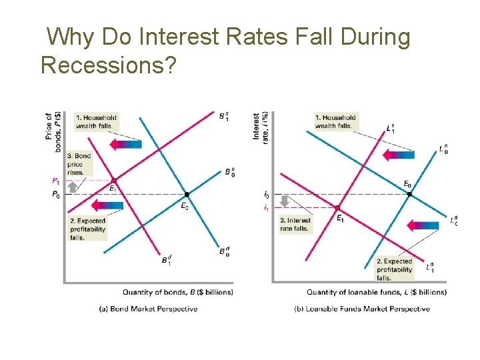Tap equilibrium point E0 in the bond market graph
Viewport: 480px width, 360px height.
(187, 194)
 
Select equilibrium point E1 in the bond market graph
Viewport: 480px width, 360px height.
(113, 180)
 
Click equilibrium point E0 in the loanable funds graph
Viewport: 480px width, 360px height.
(409, 194)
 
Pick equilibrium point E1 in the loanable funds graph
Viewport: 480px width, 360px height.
(337, 208)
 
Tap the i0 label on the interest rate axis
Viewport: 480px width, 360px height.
(267, 195)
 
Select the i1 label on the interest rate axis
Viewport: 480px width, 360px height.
(267, 209)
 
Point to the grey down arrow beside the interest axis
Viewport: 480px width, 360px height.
(284, 201)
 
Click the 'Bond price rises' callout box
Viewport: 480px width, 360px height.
(79, 164)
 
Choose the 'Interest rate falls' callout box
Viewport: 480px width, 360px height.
(295, 224)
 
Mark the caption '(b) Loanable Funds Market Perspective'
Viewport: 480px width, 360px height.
(361, 309)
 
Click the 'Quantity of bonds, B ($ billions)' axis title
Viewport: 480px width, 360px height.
(177, 292)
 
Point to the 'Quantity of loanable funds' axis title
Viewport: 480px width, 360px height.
(376, 292)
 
